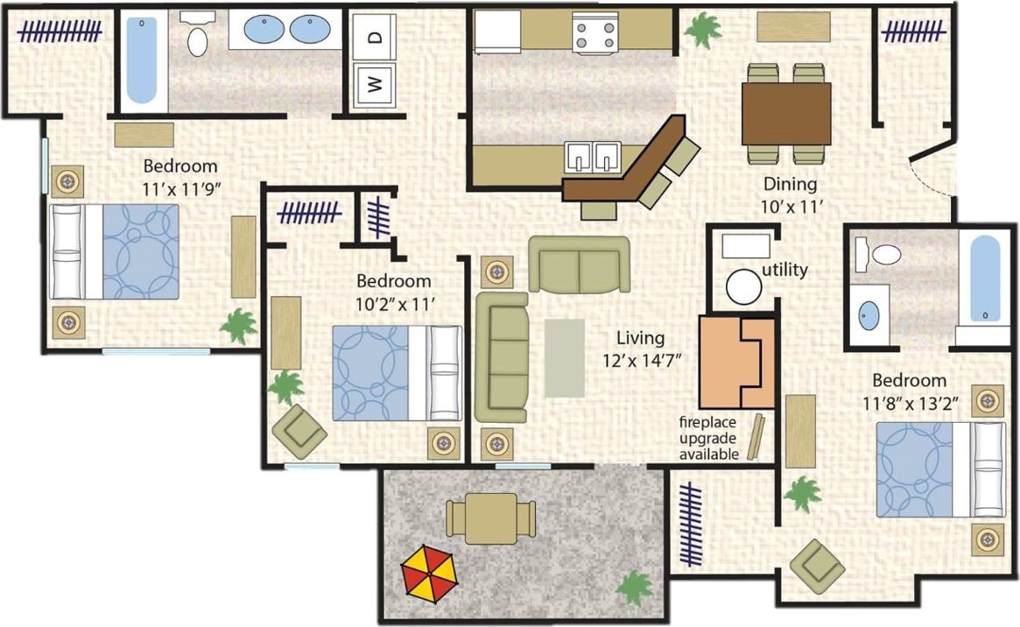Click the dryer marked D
[x=375, y=37]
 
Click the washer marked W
[x=375, y=84]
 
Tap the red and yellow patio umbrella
[x=429, y=574]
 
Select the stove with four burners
[x=595, y=33]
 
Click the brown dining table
[x=785, y=113]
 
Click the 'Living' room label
[x=640, y=337]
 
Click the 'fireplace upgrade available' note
[x=709, y=438]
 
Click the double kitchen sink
[x=593, y=157]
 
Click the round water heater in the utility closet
[x=744, y=286]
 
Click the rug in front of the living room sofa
[x=564, y=357]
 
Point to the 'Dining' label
[x=790, y=185]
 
